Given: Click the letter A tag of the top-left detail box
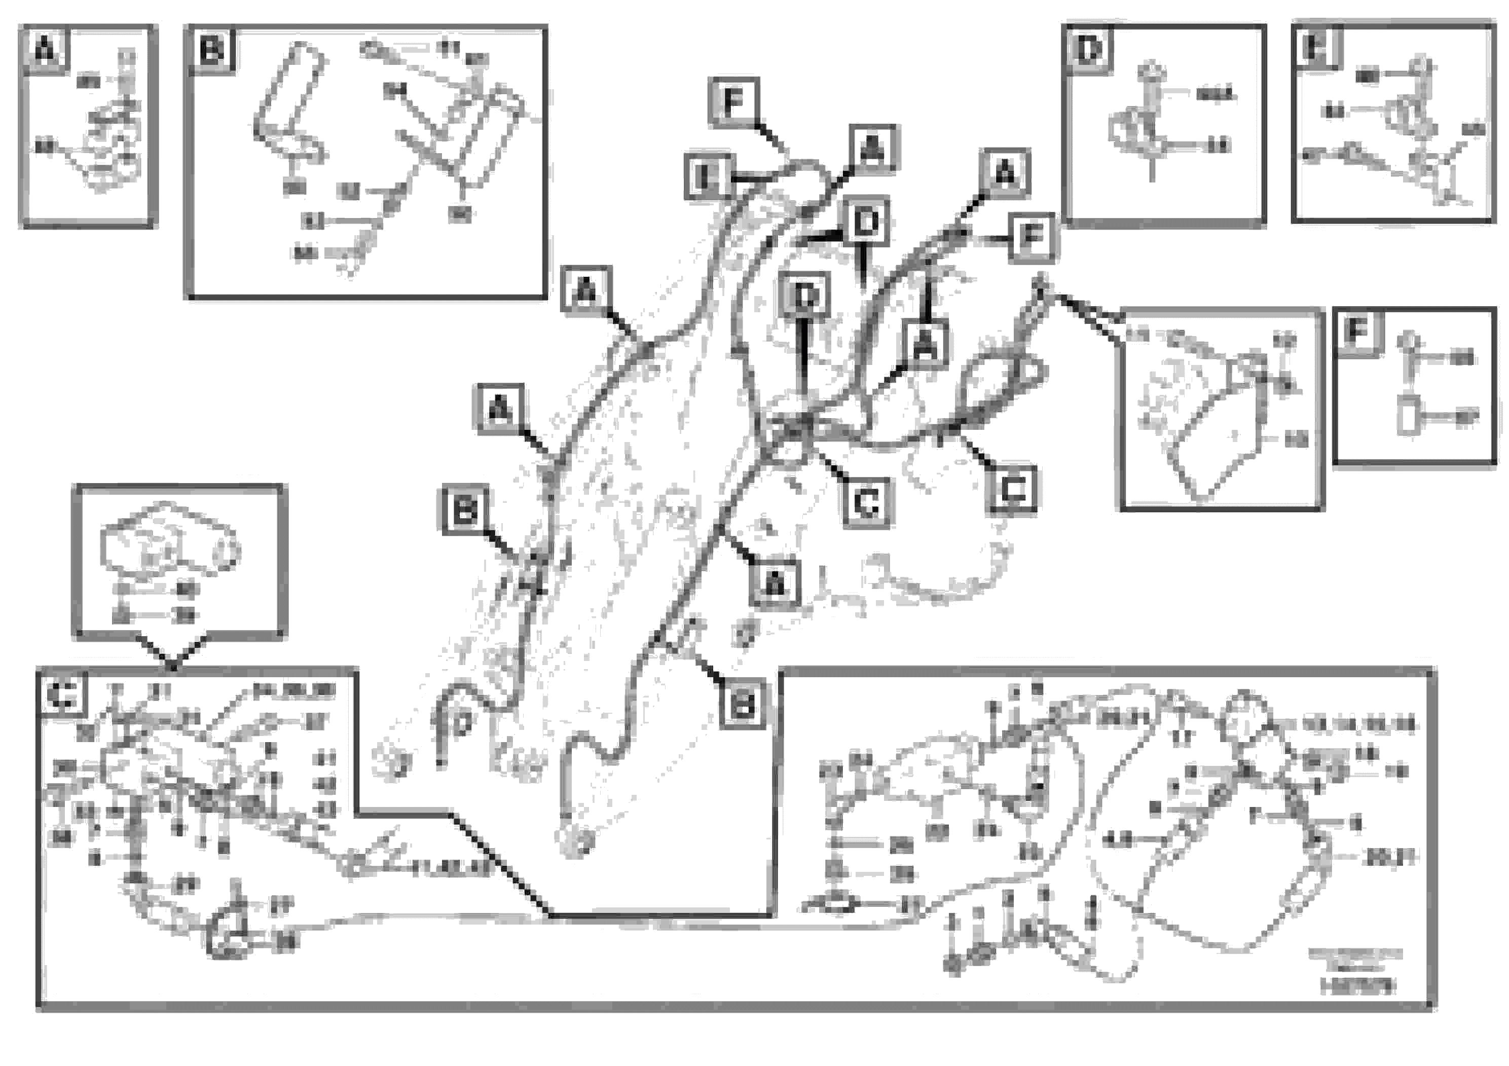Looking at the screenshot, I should [x=45, y=49].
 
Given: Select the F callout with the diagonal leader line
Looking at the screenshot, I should [x=734, y=101].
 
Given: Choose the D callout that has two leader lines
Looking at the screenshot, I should [x=866, y=222].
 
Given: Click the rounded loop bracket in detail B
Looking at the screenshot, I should [x=289, y=105].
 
